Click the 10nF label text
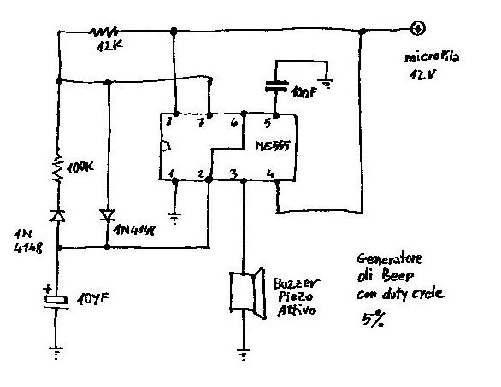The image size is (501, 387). point(304,91)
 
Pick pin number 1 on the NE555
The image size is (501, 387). point(174,175)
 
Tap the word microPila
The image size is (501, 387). point(433,59)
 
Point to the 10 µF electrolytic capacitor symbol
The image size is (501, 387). point(56,300)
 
